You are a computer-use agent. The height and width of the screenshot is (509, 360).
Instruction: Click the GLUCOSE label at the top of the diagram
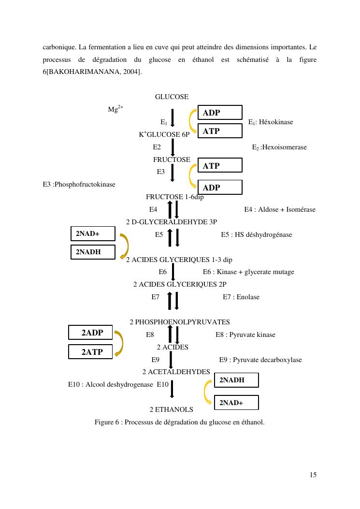coord(172,97)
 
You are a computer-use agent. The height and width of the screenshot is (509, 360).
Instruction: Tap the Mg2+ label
coord(115,109)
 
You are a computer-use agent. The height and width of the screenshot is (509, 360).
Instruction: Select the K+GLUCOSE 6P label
coord(164,134)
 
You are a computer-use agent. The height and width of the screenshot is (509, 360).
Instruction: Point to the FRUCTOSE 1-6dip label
coord(174,197)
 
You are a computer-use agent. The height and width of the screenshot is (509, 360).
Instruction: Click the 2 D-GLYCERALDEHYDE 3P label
coord(172,222)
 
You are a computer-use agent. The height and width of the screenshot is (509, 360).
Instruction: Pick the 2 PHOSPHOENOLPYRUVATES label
coord(180,322)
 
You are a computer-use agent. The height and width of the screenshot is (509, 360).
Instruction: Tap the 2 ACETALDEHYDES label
coord(176,372)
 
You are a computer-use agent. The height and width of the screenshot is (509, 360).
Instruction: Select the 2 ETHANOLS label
coord(171,409)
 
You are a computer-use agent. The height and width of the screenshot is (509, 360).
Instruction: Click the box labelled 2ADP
coord(91,333)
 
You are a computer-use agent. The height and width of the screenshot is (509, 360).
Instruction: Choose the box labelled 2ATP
coord(91,352)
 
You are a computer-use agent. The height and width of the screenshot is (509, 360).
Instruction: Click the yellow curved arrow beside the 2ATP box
coord(118,343)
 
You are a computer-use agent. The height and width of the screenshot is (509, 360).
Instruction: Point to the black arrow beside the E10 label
coord(172,389)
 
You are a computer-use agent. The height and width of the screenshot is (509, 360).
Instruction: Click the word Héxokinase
coord(276,122)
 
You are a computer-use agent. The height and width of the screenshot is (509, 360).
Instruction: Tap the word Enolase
coord(248,297)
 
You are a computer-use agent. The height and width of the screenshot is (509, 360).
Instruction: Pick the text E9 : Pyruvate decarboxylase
coord(260,360)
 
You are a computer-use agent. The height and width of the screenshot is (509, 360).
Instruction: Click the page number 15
coord(313,475)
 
